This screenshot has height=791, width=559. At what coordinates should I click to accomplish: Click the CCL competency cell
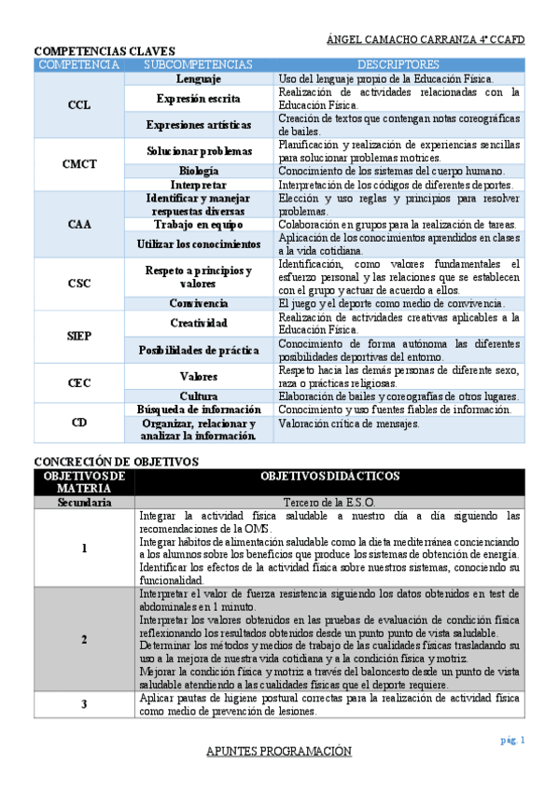(79, 105)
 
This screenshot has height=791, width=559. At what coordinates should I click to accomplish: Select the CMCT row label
(79, 164)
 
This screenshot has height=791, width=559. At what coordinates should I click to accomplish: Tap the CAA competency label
(79, 224)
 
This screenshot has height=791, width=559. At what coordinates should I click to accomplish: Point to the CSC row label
(79, 284)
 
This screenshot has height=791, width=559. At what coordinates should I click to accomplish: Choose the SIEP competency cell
(79, 336)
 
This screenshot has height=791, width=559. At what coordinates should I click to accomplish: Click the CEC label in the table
(79, 382)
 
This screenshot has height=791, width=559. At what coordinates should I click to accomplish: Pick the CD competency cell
(79, 422)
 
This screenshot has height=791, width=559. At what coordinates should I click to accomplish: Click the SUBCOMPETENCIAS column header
(198, 64)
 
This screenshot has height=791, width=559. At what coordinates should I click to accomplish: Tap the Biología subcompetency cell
(198, 171)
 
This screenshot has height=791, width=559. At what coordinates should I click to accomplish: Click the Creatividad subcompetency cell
(198, 323)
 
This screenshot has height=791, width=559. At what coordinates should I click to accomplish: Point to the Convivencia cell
(198, 303)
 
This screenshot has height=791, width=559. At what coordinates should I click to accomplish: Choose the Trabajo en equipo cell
(198, 224)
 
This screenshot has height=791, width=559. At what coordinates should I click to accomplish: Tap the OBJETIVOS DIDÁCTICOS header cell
(330, 476)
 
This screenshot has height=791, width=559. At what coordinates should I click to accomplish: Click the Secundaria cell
(84, 502)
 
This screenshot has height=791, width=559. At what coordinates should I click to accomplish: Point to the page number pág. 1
(513, 740)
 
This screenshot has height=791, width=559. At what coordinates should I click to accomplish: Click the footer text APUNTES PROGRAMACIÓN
(279, 752)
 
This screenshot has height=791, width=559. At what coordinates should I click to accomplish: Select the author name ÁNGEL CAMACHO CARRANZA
(399, 40)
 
